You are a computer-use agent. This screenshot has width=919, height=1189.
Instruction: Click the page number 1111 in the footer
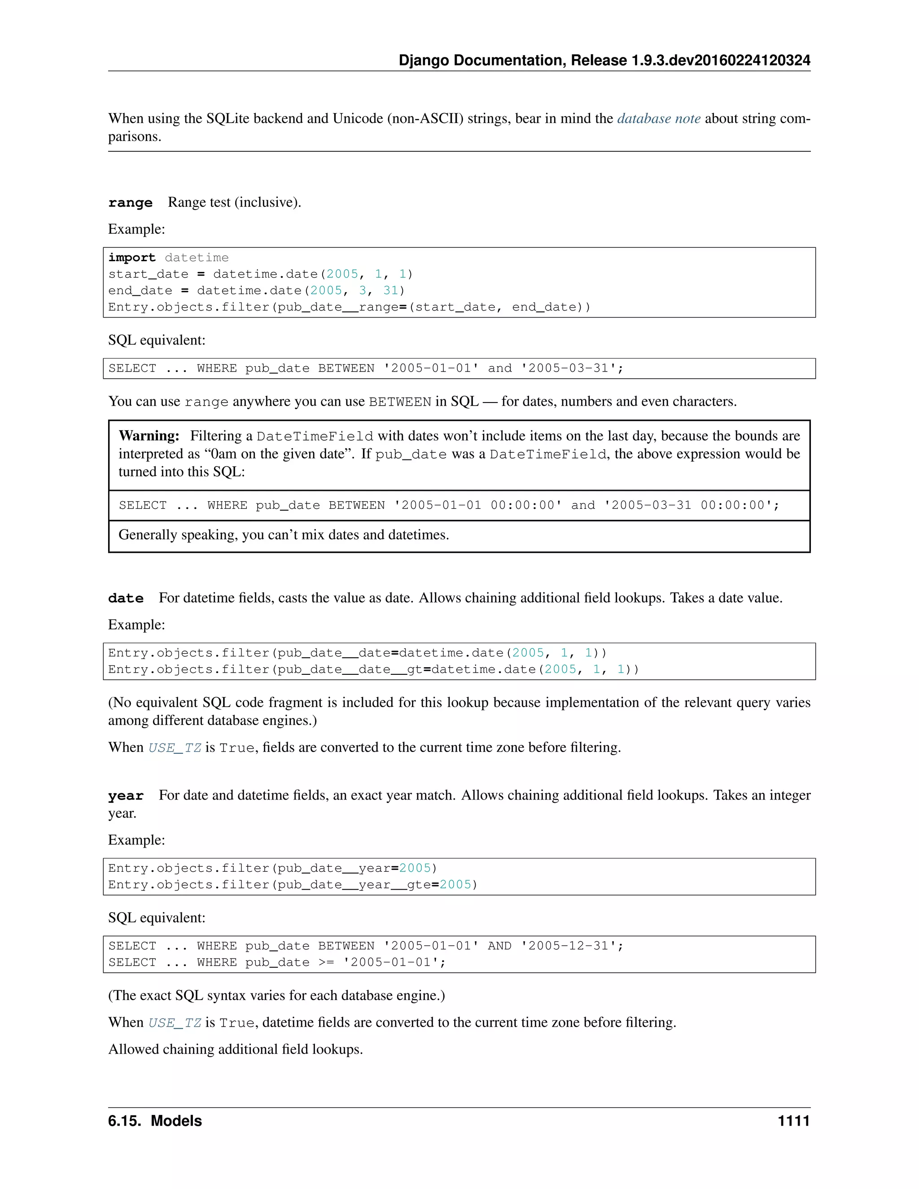click(793, 1121)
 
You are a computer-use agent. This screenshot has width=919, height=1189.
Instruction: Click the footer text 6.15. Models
click(155, 1121)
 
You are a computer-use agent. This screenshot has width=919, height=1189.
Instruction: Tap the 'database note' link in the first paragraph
click(658, 119)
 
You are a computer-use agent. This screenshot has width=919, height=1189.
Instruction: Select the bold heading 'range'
click(130, 203)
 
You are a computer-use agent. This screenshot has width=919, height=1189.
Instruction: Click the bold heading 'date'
click(126, 598)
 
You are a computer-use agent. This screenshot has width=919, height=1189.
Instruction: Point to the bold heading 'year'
click(126, 796)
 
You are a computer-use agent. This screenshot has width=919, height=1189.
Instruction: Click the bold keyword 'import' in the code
click(132, 258)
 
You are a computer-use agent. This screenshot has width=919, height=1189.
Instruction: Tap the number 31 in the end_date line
click(390, 291)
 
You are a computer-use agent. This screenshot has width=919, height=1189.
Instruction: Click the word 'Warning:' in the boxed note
click(149, 436)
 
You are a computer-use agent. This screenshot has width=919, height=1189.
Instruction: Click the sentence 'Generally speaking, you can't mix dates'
click(283, 535)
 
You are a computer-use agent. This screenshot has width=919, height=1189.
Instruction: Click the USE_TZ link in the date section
click(175, 748)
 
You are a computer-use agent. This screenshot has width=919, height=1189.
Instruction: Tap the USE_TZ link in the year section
click(175, 1023)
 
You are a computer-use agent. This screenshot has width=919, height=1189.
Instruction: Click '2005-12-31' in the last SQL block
click(569, 946)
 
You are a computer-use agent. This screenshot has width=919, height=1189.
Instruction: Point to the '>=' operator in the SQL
click(326, 962)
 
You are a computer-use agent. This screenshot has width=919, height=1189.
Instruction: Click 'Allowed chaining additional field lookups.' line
click(235, 1049)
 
